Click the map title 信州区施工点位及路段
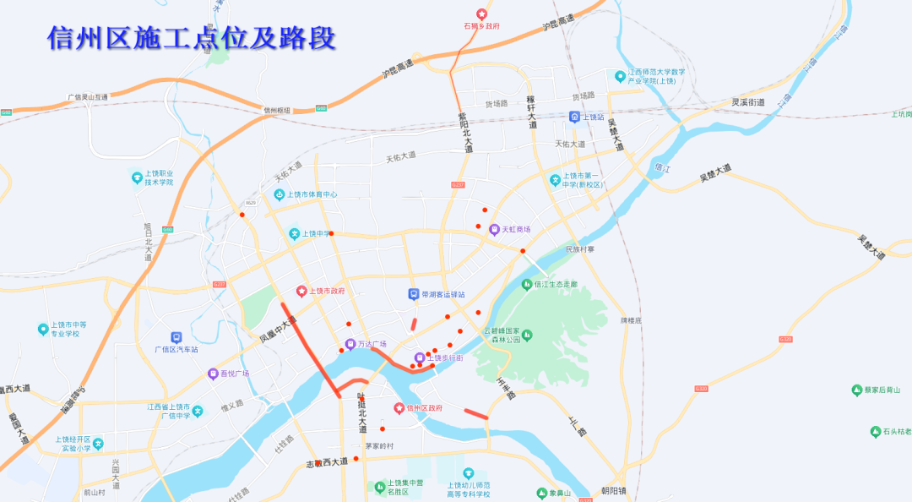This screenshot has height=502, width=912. [192, 37]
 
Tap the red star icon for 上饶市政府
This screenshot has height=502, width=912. [301, 291]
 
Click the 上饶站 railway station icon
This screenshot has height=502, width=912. [574, 117]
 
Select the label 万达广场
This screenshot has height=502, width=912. [372, 344]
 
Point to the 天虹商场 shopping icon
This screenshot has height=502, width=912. [495, 229]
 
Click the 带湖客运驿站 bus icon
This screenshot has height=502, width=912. [414, 294]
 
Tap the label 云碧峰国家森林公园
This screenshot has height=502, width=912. [502, 336]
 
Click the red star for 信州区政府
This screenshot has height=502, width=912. [399, 408]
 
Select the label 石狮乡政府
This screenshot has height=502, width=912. [481, 26]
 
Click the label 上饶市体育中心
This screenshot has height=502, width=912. [312, 194]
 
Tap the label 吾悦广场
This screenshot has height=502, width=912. [234, 374]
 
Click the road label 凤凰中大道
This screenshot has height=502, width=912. [279, 330]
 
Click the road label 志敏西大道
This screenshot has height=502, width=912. [327, 461]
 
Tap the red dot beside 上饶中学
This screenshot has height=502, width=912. [331, 233]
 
